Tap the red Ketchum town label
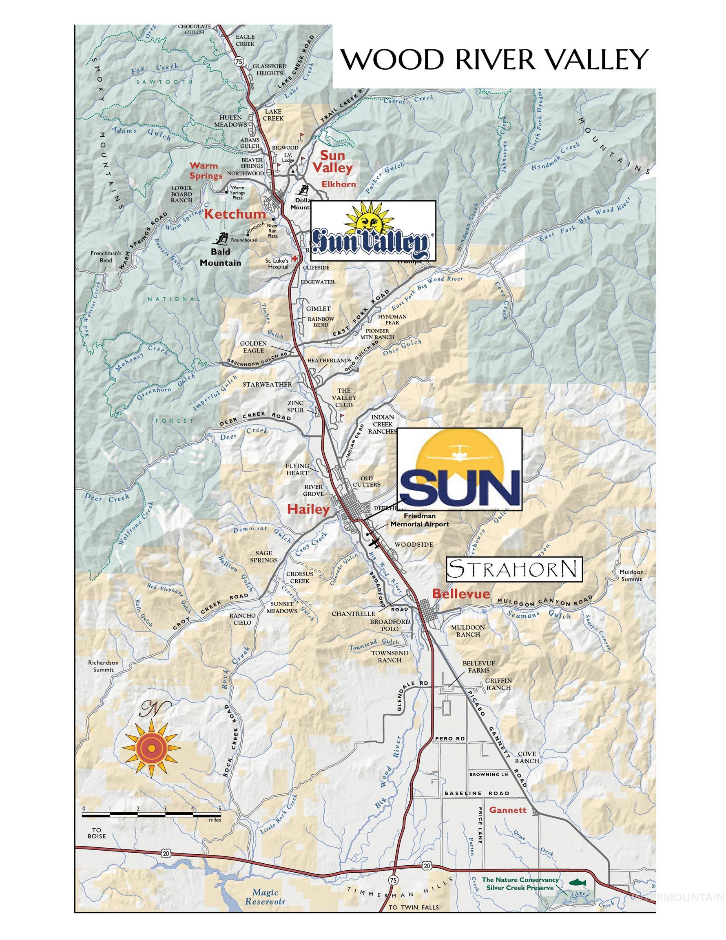(x=235, y=214)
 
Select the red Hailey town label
(x=308, y=509)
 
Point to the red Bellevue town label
(x=460, y=594)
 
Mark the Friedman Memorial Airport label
(x=419, y=519)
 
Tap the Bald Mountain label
(x=220, y=257)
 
